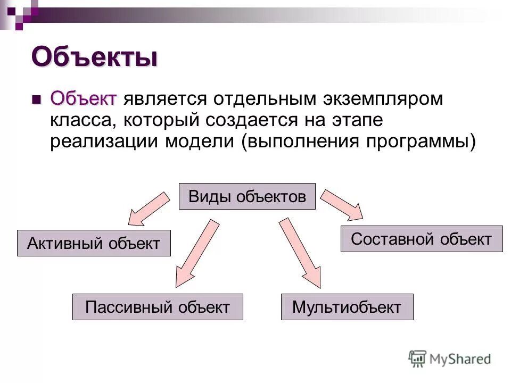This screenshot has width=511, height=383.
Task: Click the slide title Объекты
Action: coord(94,56)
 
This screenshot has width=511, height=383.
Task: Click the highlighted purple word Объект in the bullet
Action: coord(83,98)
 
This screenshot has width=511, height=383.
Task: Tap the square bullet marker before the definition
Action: coord(36,99)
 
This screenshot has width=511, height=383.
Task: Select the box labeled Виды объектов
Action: coord(247,196)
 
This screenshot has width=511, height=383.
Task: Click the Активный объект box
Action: coord(94,243)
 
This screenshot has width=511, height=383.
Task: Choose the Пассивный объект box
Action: coord(158,306)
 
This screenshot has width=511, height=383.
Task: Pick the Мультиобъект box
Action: coord(347,306)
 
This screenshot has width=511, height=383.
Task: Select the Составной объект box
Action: coord(421,238)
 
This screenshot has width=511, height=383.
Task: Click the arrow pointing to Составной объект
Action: coord(342,203)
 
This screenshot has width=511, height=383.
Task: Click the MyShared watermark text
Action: coord(460,359)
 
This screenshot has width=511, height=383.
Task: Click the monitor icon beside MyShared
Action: coord(417,359)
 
